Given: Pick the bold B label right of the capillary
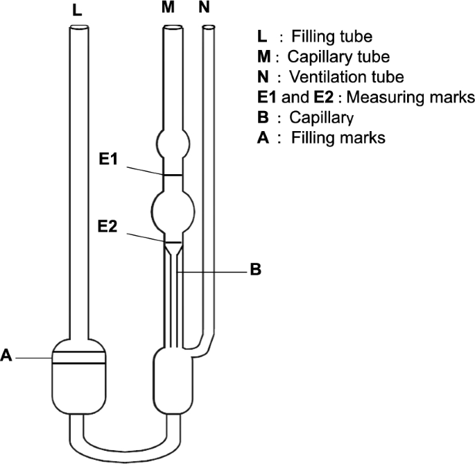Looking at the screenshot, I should (x=255, y=270).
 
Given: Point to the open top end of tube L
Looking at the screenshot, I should (x=78, y=28).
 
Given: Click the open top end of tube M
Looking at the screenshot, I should (x=172, y=28).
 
